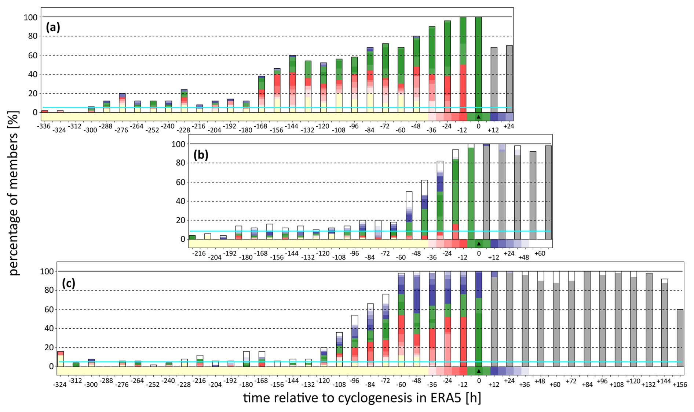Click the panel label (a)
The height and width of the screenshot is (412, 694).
pos(53,27)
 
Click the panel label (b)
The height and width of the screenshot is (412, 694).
pos(201,155)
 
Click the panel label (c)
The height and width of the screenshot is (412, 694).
pos(69,283)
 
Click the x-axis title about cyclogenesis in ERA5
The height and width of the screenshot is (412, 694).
pos(362,398)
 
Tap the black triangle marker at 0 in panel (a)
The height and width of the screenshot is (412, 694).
pos(478,117)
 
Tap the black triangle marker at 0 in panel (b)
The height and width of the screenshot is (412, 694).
pos(478,243)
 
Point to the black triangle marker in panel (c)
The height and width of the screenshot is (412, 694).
pos(478,371)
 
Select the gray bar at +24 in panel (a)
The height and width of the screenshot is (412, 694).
pos(509,79)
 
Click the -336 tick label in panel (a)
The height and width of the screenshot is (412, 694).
pos(44,126)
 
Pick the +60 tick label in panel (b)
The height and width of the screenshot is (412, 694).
pos(540,253)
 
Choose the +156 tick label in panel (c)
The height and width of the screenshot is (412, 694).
pos(680,384)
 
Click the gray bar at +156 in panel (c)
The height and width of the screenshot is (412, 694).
pos(680,338)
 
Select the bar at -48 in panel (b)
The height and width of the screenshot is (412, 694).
pos(409,215)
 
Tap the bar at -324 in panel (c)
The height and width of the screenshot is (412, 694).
pos(61,359)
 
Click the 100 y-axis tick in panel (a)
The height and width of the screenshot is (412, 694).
pos(30,17)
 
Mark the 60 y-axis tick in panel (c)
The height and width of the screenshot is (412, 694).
pos(46,310)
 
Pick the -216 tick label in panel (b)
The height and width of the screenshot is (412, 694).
pos(200,253)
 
